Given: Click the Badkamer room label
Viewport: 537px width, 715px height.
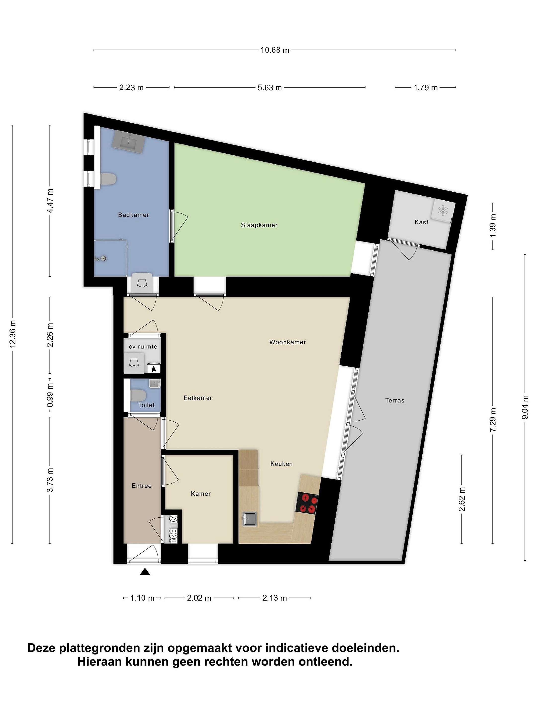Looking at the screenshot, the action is tap(133, 215).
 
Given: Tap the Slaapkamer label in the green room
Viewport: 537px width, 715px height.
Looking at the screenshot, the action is tap(259, 225).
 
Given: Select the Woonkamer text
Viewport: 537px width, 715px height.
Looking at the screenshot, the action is tap(287, 342).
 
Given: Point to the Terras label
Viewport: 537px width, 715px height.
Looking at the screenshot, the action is tap(395, 400).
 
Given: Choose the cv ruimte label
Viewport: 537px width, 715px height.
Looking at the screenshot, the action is tap(143, 347).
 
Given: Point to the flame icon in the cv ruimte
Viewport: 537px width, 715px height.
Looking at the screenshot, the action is tap(154, 368).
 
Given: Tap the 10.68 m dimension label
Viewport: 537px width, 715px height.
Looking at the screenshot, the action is tap(275, 50).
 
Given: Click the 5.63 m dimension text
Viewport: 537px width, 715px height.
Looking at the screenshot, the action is tap(270, 88).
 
